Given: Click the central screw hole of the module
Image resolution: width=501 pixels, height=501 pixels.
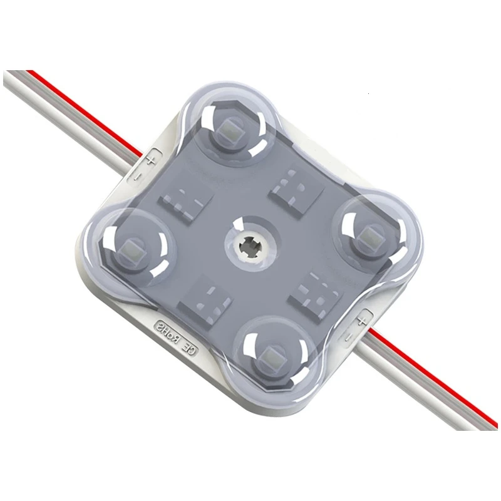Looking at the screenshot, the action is pos(250,247).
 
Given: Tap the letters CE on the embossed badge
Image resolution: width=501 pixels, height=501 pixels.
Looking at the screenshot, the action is pos(190,350).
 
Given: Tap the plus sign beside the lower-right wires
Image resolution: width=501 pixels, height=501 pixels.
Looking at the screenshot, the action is pos(361,320).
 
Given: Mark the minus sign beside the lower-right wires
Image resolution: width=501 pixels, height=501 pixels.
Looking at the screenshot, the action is pos(349,336).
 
